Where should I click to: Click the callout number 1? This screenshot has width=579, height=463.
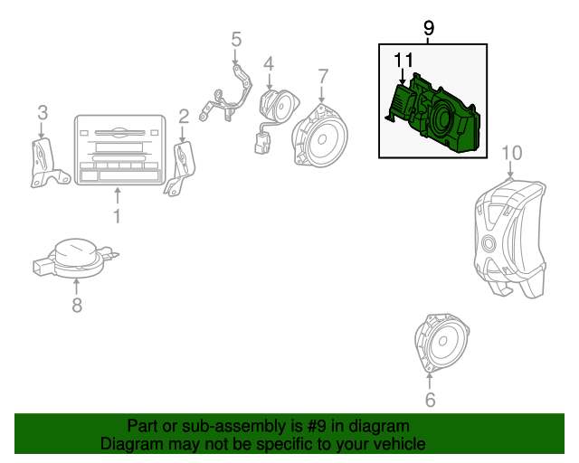point(116,216)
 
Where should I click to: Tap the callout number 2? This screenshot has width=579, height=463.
point(184,116)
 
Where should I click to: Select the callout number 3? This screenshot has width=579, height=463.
point(42,112)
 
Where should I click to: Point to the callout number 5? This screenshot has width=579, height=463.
point(236,39)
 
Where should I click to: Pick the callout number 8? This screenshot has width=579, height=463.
point(77,306)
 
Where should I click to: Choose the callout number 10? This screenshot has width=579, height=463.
point(511,152)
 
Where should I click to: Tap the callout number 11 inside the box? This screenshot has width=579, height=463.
point(403,61)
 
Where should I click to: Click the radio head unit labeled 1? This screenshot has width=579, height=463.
point(119,150)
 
